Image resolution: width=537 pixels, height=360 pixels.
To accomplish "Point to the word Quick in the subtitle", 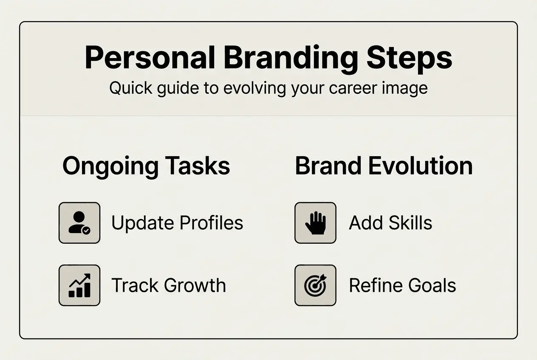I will pyautogui.click(x=130, y=88).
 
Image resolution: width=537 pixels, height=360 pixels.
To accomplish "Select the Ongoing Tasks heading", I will pyautogui.click(x=146, y=166).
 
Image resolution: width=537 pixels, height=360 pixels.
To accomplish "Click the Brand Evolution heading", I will pyautogui.click(x=384, y=166).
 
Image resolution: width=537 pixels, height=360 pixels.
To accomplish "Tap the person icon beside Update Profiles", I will pyautogui.click(x=79, y=223).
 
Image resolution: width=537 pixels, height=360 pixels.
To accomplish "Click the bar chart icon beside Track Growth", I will pyautogui.click(x=79, y=285).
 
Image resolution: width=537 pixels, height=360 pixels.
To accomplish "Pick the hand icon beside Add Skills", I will pyautogui.click(x=315, y=223).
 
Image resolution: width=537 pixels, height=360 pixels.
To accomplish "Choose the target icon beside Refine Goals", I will pyautogui.click(x=315, y=285).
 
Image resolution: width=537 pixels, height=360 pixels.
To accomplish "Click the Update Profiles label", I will pyautogui.click(x=177, y=223).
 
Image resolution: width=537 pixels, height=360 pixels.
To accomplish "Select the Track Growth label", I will pyautogui.click(x=169, y=285).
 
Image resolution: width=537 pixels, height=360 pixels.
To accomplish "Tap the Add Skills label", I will pyautogui.click(x=390, y=223).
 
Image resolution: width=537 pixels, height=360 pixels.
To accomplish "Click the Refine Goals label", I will pyautogui.click(x=402, y=285).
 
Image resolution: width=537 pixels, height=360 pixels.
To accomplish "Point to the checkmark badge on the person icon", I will pyautogui.click(x=86, y=231).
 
